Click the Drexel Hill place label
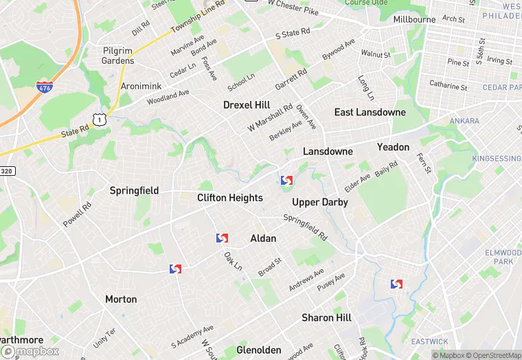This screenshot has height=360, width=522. click(x=247, y=105)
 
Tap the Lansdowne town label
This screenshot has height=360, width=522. click(x=328, y=151)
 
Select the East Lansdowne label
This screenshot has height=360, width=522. click(x=370, y=112)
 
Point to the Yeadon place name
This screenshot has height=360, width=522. click(x=393, y=147)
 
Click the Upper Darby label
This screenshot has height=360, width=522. click(x=319, y=202)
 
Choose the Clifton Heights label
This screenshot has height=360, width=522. click(x=229, y=198)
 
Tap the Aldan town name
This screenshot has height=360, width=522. click(x=263, y=238)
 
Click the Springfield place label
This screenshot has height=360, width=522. click(x=134, y=190)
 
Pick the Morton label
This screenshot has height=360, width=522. click(x=121, y=300)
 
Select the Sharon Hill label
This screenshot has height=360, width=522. click(x=326, y=317)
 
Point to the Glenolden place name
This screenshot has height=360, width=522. click(x=259, y=350)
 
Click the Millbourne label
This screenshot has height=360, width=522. click(x=414, y=19)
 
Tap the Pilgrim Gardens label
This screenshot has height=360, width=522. click(x=117, y=56)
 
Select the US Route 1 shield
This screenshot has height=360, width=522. click(x=101, y=120)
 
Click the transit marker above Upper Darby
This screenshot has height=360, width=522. click(x=286, y=180)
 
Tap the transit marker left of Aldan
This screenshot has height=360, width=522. click(x=222, y=238)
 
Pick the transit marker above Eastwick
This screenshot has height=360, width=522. click(x=396, y=284)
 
